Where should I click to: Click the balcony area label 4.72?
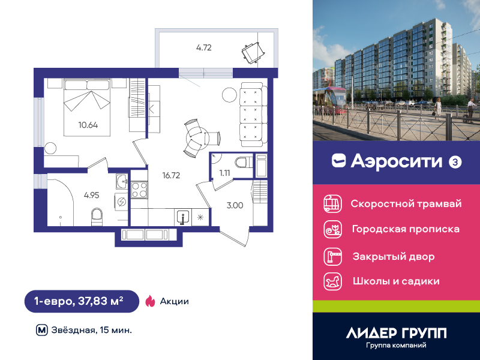pyautogui.click(x=204, y=48)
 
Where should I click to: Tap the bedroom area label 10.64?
pyautogui.click(x=88, y=125)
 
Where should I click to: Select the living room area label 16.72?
pyautogui.click(x=171, y=175)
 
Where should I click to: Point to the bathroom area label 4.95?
pyautogui.click(x=92, y=196)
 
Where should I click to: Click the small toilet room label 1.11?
pyautogui.click(x=224, y=173)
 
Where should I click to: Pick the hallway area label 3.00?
pyautogui.click(x=235, y=205)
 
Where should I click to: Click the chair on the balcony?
pyautogui.click(x=253, y=52)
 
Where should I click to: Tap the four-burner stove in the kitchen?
pyautogui.click(x=139, y=190)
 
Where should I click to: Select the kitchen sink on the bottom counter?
pyautogui.click(x=183, y=218)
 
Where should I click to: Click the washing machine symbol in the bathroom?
pyautogui.click(x=122, y=202)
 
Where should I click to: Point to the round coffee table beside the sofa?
pyautogui.click(x=229, y=95)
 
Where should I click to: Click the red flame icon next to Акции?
pyautogui.click(x=150, y=301)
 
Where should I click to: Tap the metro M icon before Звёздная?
pyautogui.click(x=42, y=331)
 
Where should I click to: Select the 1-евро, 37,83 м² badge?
pyautogui.click(x=82, y=301)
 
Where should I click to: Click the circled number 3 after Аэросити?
pyautogui.click(x=455, y=162)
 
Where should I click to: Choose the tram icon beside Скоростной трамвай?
pyautogui.click(x=333, y=203)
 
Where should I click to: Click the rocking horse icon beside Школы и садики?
pyautogui.click(x=333, y=281)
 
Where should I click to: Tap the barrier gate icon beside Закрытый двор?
pyautogui.click(x=333, y=257)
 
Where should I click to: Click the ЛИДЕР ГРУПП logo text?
pyautogui.click(x=396, y=333)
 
